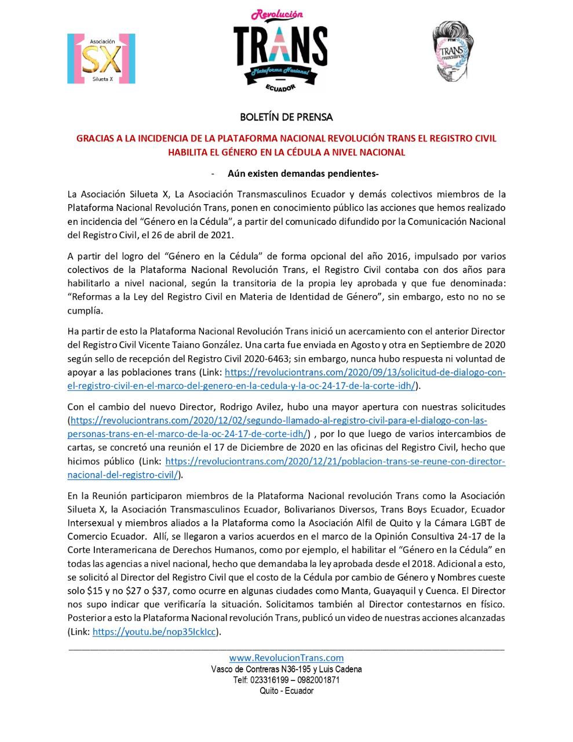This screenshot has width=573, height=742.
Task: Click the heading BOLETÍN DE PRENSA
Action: coord(286,117)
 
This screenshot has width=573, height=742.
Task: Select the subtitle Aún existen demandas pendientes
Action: coord(303,173)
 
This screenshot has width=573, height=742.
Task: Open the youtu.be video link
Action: coord(156,632)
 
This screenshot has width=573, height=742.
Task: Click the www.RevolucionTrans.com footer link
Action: coord(286,657)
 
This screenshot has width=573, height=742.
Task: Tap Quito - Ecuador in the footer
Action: coord(286,691)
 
